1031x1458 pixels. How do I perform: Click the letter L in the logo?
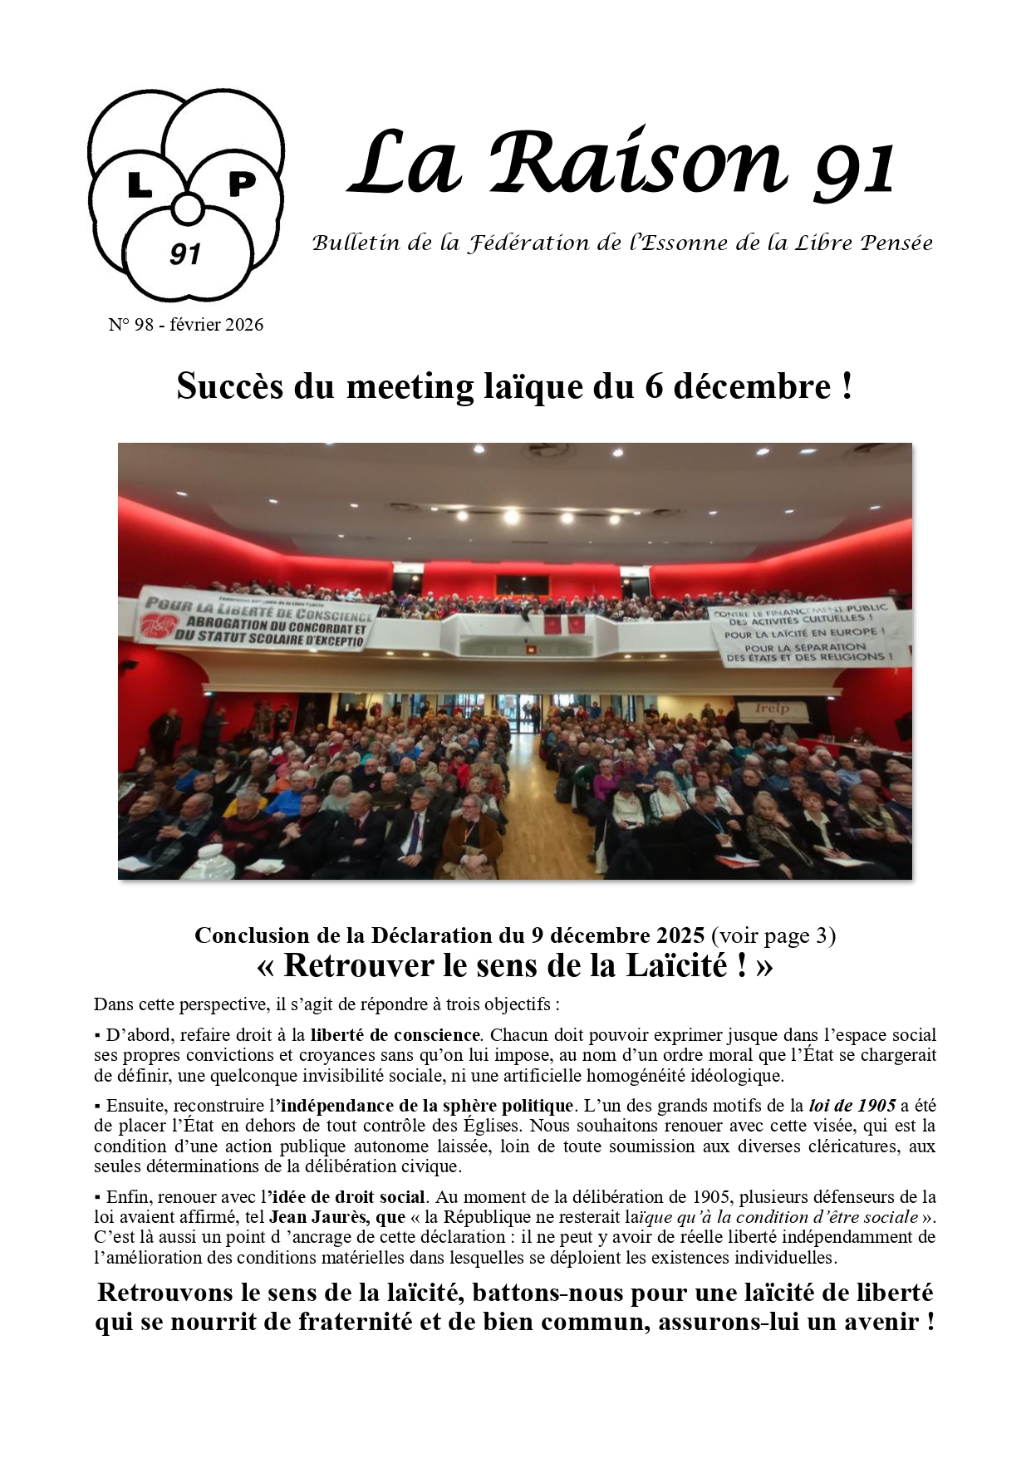[140, 186]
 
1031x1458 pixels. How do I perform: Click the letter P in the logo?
[241, 183]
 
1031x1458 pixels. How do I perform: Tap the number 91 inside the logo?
[185, 254]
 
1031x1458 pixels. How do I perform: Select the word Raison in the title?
[636, 163]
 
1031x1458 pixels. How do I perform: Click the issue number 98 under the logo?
[144, 325]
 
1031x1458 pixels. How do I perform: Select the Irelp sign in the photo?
[772, 709]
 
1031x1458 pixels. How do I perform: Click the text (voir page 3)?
[773, 935]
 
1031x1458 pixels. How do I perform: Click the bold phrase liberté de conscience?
[395, 1035]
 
